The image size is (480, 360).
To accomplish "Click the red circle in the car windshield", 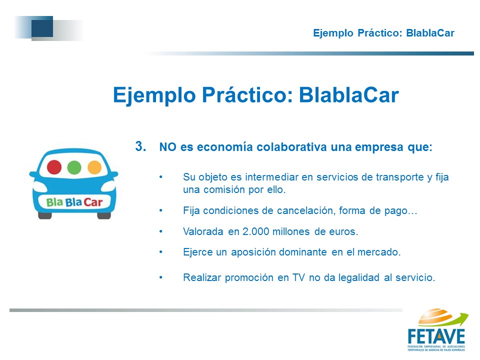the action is point(54,167).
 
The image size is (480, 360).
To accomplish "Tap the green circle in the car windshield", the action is point(74,167).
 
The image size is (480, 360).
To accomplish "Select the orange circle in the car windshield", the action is point(94,167).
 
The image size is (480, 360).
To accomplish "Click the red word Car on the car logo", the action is point(93,202).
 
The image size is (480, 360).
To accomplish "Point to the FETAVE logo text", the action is point(436,336).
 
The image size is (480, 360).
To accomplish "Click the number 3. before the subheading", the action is point(140,146).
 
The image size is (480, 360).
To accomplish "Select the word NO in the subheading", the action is point(167,147).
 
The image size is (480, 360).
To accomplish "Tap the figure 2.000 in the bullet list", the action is point(255,231).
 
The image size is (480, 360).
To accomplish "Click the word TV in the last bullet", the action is point(298,277).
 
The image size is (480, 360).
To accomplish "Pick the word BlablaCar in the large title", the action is point(348,95).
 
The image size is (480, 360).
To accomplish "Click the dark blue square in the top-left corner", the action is point(42,26).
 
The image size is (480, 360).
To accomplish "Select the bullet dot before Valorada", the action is point(160,231).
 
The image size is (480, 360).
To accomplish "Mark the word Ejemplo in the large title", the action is point(154,95).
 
